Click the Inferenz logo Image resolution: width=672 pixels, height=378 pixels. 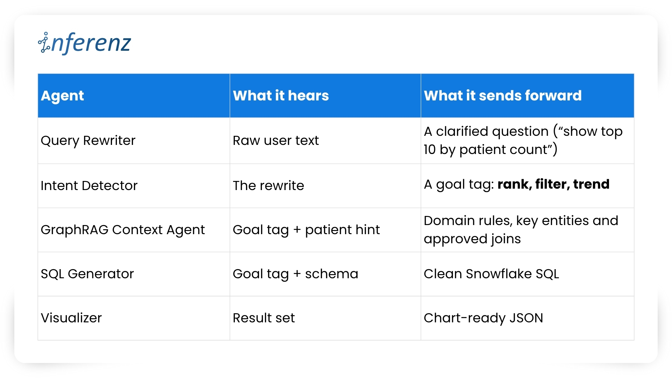[x=84, y=43]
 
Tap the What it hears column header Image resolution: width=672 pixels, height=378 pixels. [x=281, y=96]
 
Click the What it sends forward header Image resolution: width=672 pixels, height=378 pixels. [x=503, y=96]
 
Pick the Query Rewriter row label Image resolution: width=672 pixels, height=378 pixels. [x=88, y=141]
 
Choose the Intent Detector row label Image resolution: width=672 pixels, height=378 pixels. [x=89, y=185]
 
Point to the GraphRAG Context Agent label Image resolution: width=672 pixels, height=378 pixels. [x=122, y=230]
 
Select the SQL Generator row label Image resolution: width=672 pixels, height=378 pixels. [x=87, y=274]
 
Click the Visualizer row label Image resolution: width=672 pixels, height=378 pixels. [x=71, y=318]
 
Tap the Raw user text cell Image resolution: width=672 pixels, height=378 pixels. [x=276, y=140]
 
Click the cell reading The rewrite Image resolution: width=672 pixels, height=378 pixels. [x=268, y=185]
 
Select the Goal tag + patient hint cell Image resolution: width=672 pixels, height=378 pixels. [x=306, y=230]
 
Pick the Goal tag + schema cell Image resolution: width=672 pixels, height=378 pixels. [x=295, y=274]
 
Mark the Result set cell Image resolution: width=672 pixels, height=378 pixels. [x=264, y=318]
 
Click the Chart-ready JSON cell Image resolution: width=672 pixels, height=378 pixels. [x=483, y=318]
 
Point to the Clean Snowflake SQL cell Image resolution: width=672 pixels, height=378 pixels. [x=491, y=274]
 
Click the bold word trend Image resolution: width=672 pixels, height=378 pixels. [x=591, y=184]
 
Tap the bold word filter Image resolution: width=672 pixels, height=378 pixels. [x=551, y=184]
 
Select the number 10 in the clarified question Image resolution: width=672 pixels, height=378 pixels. [x=429, y=149]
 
